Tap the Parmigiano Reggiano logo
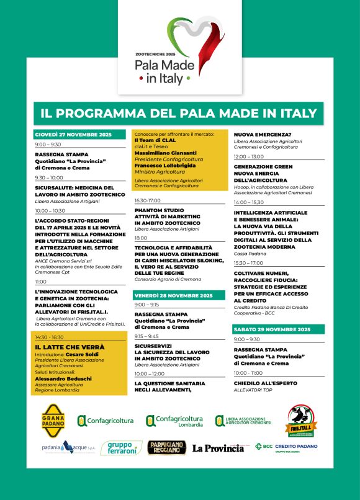[x=166, y=447]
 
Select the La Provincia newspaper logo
[x=217, y=448]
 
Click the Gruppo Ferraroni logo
[x=120, y=447]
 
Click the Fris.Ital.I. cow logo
[x=304, y=421]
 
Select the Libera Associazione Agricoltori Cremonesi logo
[x=243, y=421]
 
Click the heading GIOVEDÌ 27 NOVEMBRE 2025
[x=73, y=134]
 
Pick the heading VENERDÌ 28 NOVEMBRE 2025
[x=174, y=295]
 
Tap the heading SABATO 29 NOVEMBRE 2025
[x=272, y=329]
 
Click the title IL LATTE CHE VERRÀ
[x=70, y=347]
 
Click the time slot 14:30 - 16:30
[x=50, y=337]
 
